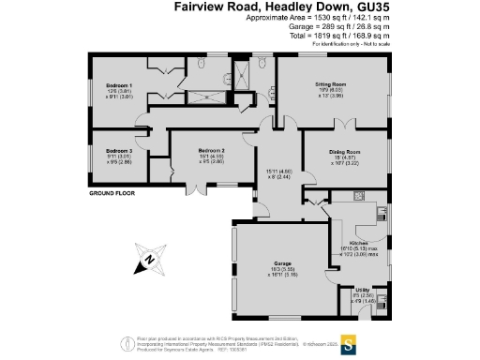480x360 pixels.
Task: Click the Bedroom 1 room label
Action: pyautogui.click(x=118, y=85)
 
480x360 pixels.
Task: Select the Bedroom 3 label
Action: pyautogui.click(x=118, y=150)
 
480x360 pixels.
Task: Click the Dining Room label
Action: pyautogui.click(x=344, y=151)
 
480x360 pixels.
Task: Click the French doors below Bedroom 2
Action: pyautogui.click(x=191, y=186)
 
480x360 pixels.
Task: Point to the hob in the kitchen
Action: pyautogui.click(x=359, y=198)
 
